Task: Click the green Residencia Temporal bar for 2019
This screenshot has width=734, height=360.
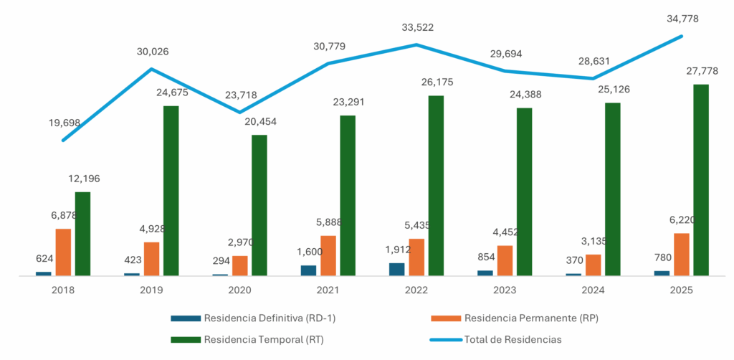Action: (171, 190)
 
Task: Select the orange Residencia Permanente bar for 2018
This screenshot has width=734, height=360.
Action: (63, 252)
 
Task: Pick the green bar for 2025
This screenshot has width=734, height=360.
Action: (700, 179)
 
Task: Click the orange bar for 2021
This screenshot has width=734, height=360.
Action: (328, 255)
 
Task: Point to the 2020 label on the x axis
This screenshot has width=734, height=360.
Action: (239, 290)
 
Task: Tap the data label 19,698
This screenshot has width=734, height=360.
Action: (65, 123)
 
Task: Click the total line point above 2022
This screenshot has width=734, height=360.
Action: (416, 44)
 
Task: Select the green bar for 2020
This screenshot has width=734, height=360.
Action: (259, 205)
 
